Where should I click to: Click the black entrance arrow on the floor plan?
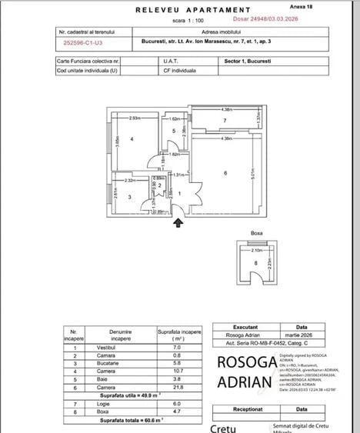(x=178, y=222)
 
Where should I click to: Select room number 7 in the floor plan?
(x=224, y=122)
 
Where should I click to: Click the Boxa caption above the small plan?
(x=257, y=231)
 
